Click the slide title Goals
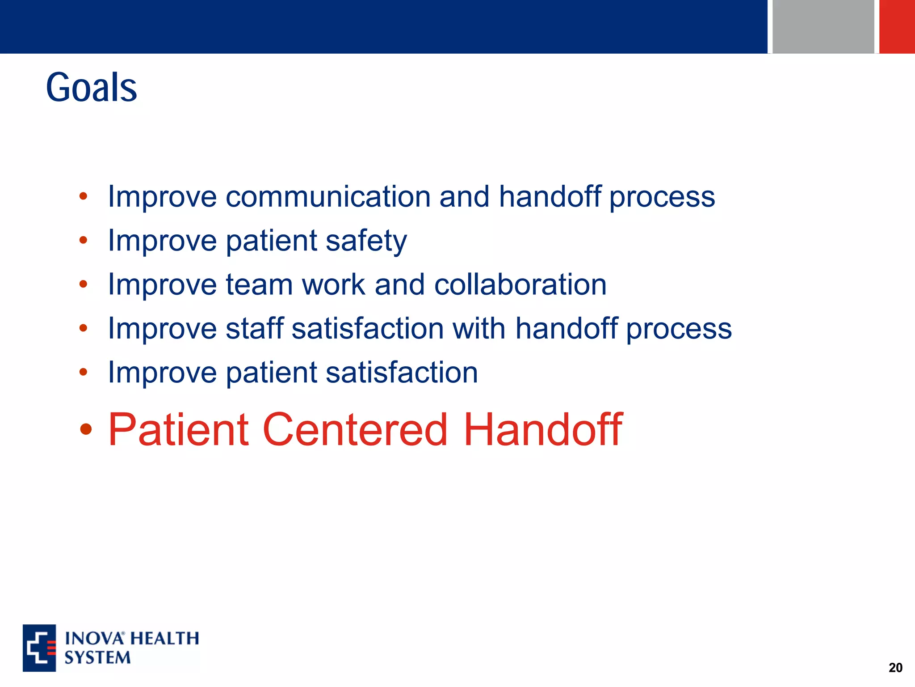click(x=91, y=87)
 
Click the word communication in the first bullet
click(x=328, y=197)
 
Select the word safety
click(x=366, y=241)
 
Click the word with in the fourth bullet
click(x=478, y=329)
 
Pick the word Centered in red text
click(x=355, y=430)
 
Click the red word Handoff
click(x=542, y=430)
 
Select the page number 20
click(x=895, y=668)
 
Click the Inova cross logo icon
click(x=39, y=648)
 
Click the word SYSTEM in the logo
click(x=97, y=658)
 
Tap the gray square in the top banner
click(x=823, y=26)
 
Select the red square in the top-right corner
click(x=897, y=26)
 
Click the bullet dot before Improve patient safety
click(x=83, y=241)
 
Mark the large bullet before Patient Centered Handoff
click(x=85, y=430)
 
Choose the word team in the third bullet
click(x=259, y=285)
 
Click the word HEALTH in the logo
click(x=165, y=638)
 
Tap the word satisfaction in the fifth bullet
click(x=402, y=373)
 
